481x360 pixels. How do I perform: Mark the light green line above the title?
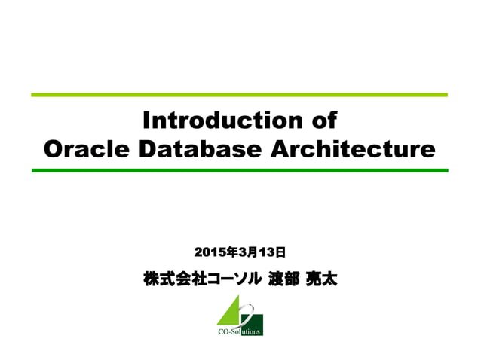click(240, 95)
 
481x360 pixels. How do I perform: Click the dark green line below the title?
click(240, 171)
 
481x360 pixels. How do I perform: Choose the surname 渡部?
click(283, 279)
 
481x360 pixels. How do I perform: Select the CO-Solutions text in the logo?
click(240, 331)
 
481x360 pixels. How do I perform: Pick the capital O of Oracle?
click(54, 149)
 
